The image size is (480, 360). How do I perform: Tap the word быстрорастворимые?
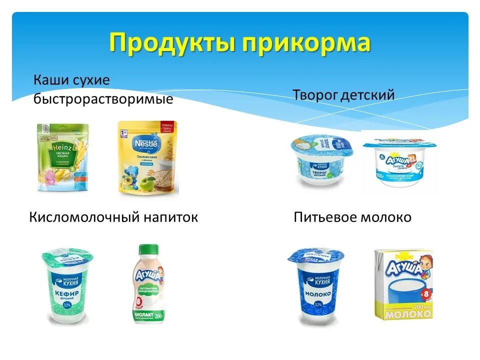(x=103, y=99)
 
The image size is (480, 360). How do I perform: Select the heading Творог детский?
(x=343, y=94)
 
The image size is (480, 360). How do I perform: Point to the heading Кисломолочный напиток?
(x=113, y=217)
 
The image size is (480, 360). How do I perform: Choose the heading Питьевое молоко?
(x=352, y=217)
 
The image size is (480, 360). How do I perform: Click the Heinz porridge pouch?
(x=62, y=157)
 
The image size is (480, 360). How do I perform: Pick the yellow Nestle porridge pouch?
(x=147, y=157)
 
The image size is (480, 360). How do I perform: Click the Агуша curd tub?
(x=399, y=162)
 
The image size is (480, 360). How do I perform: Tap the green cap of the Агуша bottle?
(x=148, y=249)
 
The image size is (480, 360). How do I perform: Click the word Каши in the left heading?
(x=49, y=80)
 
